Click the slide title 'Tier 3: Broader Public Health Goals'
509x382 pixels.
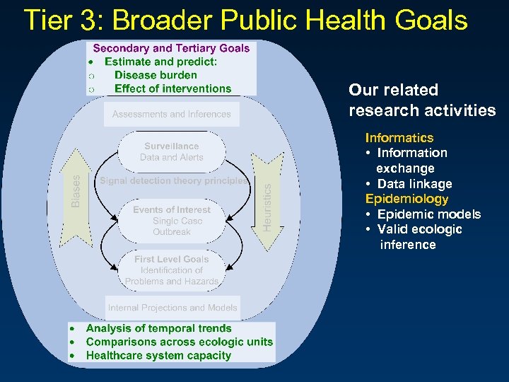245,21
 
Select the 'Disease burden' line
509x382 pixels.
156,75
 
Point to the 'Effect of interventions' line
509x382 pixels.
172,88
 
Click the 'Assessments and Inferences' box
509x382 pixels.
171,114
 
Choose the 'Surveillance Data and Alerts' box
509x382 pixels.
171,151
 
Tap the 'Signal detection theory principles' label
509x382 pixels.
174,180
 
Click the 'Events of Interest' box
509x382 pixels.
172,220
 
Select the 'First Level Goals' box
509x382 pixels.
172,270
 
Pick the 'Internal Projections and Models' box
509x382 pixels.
172,308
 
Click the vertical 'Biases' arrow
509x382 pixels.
76,192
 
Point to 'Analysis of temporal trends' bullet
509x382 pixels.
158,328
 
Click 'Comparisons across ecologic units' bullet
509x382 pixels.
179,342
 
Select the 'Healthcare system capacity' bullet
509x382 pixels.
158,355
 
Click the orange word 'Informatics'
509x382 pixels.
399,137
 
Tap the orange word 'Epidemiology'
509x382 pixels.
406,199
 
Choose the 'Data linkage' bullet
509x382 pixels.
414,184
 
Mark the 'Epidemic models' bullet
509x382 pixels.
428,214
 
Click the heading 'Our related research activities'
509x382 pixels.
422,100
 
